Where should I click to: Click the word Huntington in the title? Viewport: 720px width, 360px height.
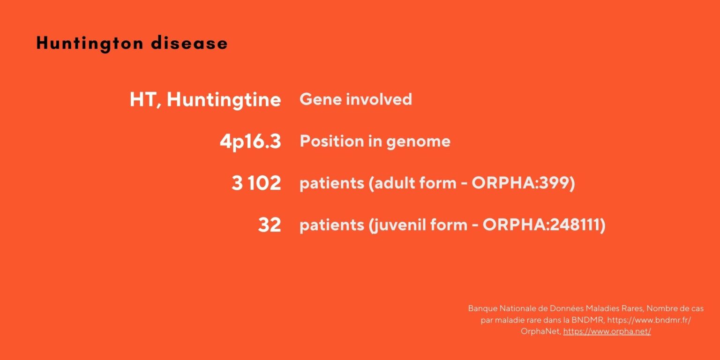[89, 43]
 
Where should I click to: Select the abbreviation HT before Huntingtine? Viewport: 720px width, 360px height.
[140, 100]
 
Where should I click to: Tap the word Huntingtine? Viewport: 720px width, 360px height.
[224, 100]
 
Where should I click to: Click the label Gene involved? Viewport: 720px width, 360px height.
[355, 99]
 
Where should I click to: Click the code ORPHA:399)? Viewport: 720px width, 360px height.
[523, 183]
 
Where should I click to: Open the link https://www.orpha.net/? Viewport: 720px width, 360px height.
[607, 331]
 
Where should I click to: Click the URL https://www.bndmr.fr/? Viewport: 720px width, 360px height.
[649, 320]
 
